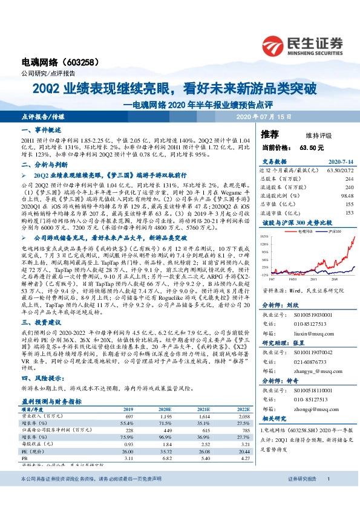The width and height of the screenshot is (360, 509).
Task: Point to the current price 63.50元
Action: pyautogui.click(x=311, y=147)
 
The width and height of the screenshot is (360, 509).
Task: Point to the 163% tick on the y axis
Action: pyautogui.click(x=265, y=236)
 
